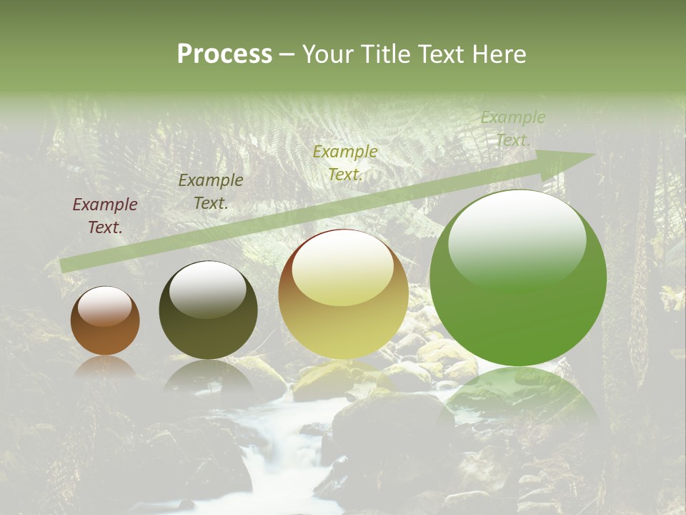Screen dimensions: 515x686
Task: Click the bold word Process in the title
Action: (x=224, y=54)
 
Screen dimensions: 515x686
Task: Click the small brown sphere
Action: (x=105, y=321)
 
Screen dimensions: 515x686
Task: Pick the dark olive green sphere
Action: (x=208, y=311)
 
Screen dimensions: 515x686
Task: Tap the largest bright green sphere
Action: (x=518, y=279)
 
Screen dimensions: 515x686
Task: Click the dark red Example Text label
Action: (x=105, y=216)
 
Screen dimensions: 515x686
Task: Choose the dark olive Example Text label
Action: (x=211, y=192)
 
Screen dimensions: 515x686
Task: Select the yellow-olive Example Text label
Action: (x=345, y=163)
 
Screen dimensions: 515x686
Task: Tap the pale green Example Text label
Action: (x=513, y=129)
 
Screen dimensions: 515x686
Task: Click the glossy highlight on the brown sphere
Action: (x=105, y=306)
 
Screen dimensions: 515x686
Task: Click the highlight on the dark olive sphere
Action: (x=207, y=289)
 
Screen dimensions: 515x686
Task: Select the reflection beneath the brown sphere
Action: (x=105, y=366)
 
